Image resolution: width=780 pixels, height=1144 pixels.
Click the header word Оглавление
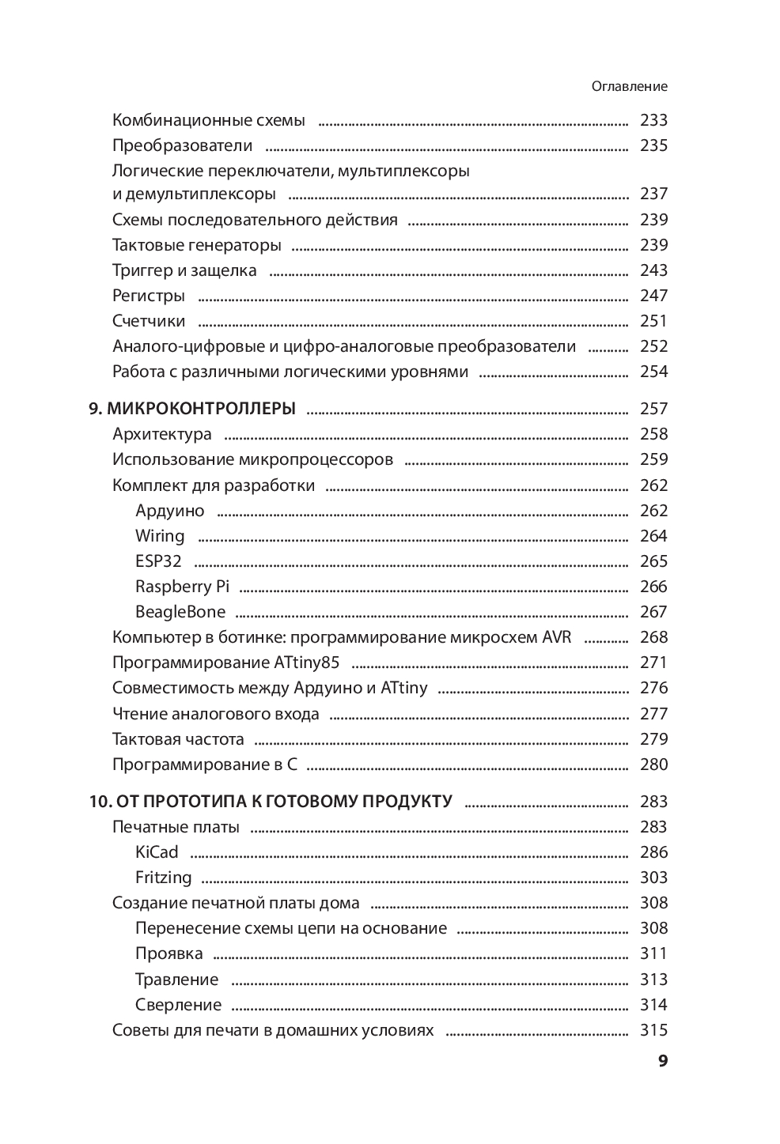(629, 87)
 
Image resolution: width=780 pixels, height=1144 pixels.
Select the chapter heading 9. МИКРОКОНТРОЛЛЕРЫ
(192, 409)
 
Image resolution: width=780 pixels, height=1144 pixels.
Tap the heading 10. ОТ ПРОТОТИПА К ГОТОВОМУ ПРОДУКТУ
(271, 802)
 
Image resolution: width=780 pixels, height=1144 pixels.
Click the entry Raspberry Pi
(182, 587)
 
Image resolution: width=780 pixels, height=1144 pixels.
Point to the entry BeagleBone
(180, 612)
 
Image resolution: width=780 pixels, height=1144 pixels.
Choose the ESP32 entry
(158, 561)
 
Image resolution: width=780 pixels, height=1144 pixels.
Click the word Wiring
(160, 536)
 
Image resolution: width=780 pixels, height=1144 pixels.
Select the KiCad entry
(157, 852)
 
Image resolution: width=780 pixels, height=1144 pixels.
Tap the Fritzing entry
(163, 878)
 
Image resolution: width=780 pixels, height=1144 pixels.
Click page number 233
(653, 120)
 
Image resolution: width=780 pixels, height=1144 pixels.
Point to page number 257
(653, 409)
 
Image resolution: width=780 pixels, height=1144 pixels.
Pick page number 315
(653, 1030)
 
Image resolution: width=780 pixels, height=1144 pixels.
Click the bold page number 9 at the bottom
(663, 1061)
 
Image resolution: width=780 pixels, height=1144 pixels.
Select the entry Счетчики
(149, 321)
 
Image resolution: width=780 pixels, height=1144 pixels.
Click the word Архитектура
(162, 434)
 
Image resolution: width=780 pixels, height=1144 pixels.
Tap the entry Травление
(176, 980)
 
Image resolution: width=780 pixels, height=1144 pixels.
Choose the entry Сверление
(178, 1005)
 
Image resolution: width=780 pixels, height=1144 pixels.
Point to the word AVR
(556, 637)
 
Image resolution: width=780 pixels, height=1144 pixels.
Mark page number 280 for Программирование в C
(653, 765)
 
